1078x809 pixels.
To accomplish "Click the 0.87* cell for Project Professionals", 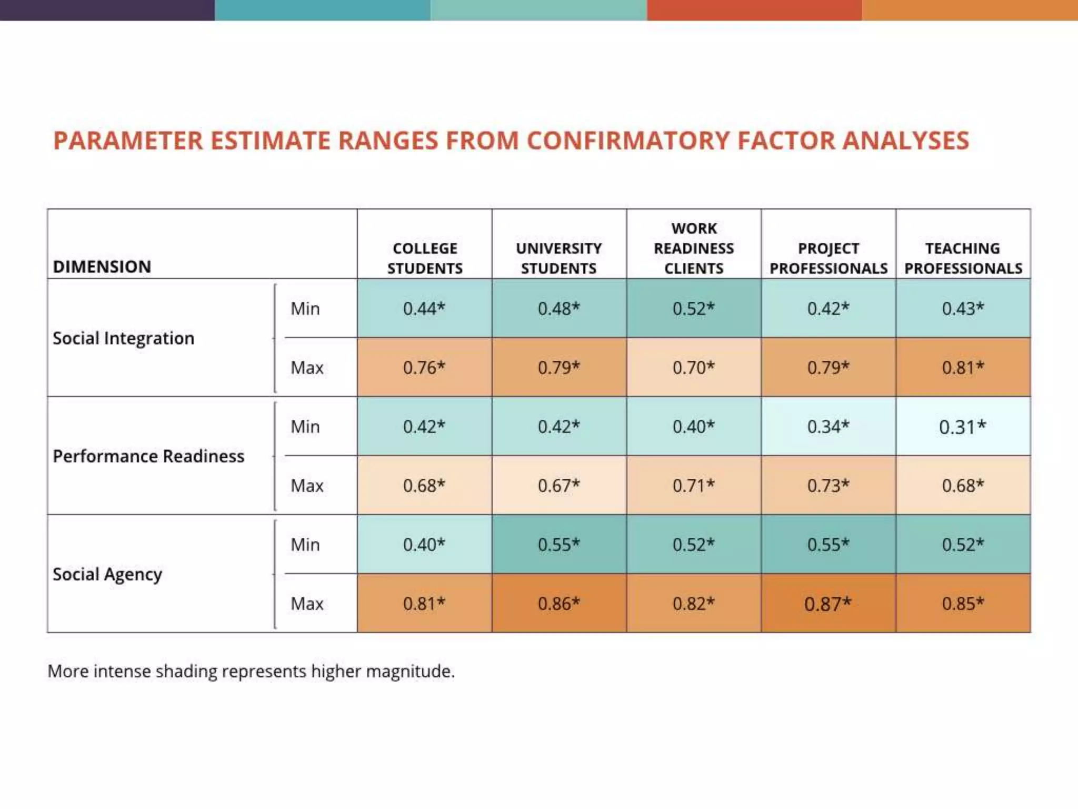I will (828, 604).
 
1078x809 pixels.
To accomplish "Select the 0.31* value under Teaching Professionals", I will (963, 427).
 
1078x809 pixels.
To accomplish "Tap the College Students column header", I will (425, 258).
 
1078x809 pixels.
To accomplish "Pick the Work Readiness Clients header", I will (694, 248).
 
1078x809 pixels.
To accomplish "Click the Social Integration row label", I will (124, 338).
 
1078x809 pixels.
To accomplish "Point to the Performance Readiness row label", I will (148, 456).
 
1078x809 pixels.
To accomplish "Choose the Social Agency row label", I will (107, 574).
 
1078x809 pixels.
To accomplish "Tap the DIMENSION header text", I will (102, 267).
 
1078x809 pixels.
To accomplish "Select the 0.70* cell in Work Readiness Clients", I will (694, 367).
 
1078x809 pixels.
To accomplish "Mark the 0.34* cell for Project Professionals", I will (828, 427).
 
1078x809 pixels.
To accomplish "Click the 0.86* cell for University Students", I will (559, 604).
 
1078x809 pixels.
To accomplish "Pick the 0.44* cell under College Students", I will (424, 308).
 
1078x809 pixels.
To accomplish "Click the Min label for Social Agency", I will (305, 545).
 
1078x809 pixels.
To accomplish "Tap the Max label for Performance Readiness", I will (307, 486).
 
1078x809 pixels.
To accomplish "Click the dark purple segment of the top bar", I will (107, 10).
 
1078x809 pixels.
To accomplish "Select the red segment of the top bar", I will (754, 10).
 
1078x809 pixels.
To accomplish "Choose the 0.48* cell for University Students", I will (559, 308).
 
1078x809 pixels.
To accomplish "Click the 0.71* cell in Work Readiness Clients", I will (694, 485).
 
